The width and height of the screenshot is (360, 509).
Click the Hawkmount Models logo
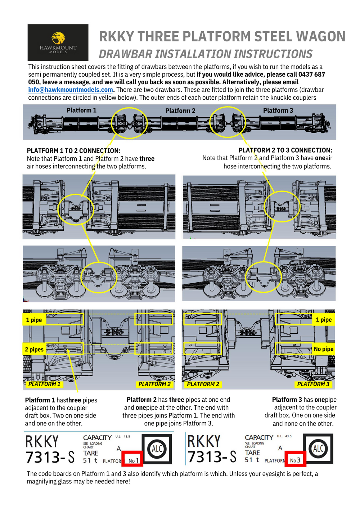[x=58, y=42]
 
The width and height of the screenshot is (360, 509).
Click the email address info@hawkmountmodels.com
[x=71, y=90]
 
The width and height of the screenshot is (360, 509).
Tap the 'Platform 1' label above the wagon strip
[x=81, y=110]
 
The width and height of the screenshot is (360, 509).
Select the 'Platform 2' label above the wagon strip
[x=180, y=111]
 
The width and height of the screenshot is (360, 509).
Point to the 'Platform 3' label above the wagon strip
[x=278, y=111]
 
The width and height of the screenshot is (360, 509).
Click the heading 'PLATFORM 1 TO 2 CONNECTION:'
[x=73, y=151]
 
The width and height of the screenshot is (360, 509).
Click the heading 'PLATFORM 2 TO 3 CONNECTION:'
[x=285, y=150]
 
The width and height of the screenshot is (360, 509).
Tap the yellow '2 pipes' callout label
[x=34, y=349]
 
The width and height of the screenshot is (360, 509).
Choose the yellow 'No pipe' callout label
[x=323, y=349]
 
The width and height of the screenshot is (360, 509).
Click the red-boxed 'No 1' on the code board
[x=134, y=460]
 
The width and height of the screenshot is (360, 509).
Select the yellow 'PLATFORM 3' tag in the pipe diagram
[x=313, y=384]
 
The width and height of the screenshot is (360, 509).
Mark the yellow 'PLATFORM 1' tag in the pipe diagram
[x=44, y=384]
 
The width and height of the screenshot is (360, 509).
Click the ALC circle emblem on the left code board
[x=157, y=449]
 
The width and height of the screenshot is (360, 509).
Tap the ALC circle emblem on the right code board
[x=318, y=449]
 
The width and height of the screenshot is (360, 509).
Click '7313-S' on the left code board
[x=50, y=457]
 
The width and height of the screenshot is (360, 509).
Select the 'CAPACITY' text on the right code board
[x=259, y=437]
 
